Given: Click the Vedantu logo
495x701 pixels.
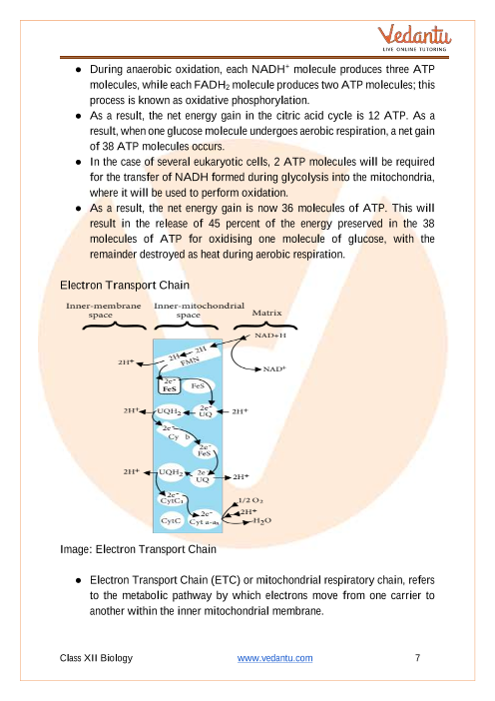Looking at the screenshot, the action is [x=414, y=38].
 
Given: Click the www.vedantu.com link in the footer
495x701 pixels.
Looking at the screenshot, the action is [x=274, y=658].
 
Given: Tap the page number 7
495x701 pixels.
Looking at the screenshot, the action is [x=418, y=658].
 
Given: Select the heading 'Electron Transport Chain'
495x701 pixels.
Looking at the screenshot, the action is [x=125, y=286].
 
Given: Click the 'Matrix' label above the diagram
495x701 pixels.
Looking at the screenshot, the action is [x=266, y=313].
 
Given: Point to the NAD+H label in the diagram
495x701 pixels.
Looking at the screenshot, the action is [x=270, y=336].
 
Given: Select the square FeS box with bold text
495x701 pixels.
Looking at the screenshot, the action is [x=170, y=385].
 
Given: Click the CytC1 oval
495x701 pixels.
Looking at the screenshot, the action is [x=172, y=499].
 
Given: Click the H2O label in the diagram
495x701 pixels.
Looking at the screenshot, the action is [x=262, y=521].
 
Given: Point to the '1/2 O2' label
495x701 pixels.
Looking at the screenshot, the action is [x=250, y=500].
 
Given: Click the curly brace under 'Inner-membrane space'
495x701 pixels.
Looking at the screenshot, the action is [x=115, y=326].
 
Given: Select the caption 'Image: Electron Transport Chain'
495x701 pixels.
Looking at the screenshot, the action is [x=138, y=549].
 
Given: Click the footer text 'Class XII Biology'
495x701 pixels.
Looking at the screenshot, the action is [x=96, y=658].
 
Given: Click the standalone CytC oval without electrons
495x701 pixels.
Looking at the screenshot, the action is [x=172, y=521].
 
